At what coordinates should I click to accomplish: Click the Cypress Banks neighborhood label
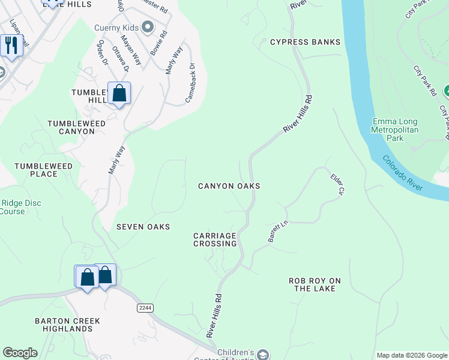pos(305,42)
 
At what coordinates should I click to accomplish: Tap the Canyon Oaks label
pos(229,186)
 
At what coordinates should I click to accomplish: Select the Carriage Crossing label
pos(215,239)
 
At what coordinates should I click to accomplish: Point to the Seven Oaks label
pos(143,227)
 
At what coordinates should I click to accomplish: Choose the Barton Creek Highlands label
pos(67,325)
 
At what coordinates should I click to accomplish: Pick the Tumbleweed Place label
pos(44,170)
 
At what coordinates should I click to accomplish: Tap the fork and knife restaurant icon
pos(11,45)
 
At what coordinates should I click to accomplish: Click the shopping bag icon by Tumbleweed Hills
pos(119,94)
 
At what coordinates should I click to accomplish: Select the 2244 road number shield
pos(145,308)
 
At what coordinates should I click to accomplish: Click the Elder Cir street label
pos(337,184)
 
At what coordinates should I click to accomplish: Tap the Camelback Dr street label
pos(190,83)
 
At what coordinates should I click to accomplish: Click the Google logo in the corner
pos(20,353)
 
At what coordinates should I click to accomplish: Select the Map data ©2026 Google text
pos(411,355)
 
